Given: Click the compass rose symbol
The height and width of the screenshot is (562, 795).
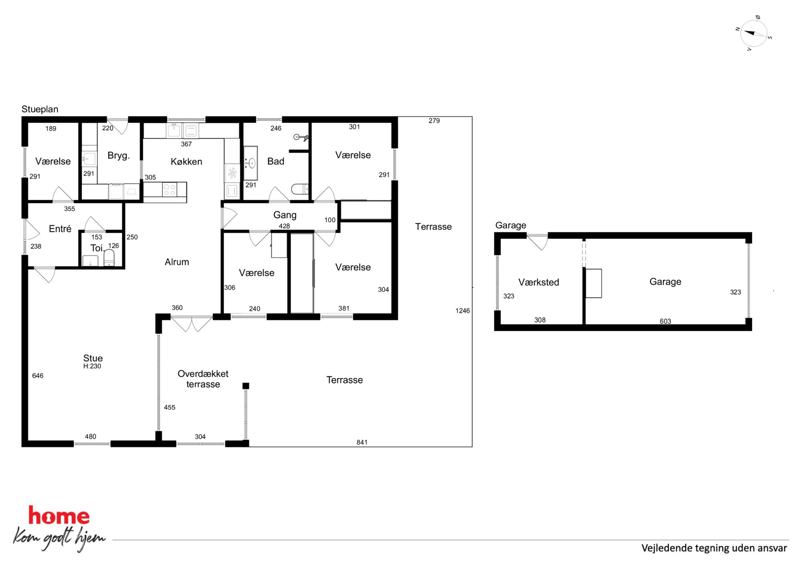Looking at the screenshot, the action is coord(753,33).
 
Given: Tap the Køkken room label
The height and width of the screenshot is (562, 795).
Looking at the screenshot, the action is coord(186,161).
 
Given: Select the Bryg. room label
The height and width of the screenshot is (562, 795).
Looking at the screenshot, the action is coord(119,155).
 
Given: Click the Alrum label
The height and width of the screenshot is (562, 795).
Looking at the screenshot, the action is coord(177,262).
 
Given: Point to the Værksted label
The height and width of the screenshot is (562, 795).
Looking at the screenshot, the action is coord(539,282).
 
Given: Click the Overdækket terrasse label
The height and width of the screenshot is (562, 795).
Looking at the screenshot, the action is coord(203,379).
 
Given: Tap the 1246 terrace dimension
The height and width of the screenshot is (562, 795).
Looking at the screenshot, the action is coord(462,310).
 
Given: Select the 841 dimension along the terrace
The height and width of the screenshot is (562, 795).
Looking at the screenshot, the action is coord(362,442).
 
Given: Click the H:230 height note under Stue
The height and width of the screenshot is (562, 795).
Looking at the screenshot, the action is coord(92,366).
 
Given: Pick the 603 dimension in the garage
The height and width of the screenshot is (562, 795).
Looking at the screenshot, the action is coord(665,321).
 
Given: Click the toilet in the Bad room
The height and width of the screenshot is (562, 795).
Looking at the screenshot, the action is coord(300,189).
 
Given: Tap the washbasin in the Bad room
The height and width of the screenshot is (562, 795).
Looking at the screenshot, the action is coord(250,163).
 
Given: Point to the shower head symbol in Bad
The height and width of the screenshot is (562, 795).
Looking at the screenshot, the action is coord(301,137).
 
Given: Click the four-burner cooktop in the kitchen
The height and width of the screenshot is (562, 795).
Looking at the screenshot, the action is coord(169,190).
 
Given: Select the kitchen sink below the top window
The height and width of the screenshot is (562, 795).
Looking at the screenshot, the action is coord(174,130).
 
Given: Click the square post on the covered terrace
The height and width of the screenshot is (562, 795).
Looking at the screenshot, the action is coord(246,386).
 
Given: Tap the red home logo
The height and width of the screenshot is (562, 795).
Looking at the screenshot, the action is coord(59,516).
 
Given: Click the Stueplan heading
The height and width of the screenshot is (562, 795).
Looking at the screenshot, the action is coord(40,109).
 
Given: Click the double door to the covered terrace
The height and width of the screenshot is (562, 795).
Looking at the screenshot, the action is coord(192,324).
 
